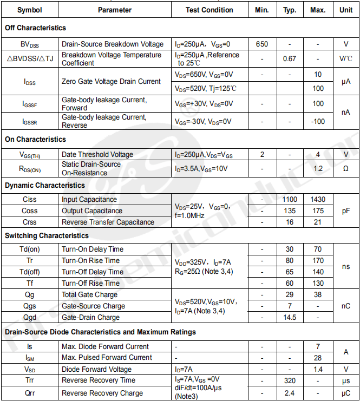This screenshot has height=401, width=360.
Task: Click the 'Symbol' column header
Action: [x=29, y=10]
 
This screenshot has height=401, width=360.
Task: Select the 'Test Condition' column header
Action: [x=210, y=10]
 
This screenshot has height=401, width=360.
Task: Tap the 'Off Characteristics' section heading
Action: [x=35, y=28]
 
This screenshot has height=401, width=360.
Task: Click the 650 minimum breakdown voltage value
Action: [x=263, y=44]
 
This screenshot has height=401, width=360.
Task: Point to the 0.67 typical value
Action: [x=290, y=58]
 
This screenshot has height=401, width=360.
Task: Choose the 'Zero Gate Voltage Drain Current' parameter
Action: [x=111, y=81]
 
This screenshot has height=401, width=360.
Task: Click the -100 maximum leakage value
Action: [x=318, y=121]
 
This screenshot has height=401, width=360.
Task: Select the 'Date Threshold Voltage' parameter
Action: [x=97, y=154]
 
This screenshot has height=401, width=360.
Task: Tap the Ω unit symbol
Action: [x=346, y=168]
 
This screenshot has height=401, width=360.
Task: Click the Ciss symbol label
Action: [x=30, y=200]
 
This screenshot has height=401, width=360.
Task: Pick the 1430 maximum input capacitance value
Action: [x=318, y=200]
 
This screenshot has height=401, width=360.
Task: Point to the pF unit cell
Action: [x=346, y=211]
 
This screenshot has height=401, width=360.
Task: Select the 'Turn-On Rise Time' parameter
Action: [x=91, y=260]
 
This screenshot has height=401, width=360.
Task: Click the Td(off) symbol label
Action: [x=30, y=272]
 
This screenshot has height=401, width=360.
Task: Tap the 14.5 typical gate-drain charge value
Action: [x=290, y=317]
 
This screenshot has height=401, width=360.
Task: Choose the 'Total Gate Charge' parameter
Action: [x=89, y=294]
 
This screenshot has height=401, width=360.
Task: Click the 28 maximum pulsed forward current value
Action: [x=318, y=358]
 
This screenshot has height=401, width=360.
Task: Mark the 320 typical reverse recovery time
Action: [x=290, y=380]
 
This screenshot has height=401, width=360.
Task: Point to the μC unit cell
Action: [x=346, y=393]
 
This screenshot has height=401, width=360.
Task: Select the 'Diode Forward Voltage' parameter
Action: [x=96, y=369]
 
